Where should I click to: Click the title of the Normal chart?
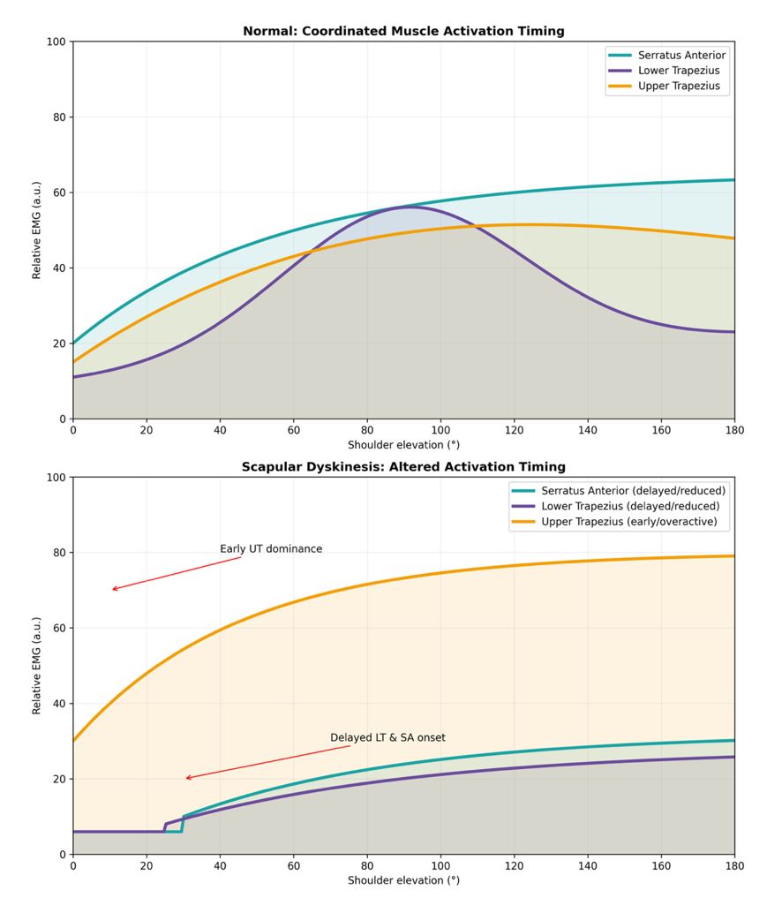403,31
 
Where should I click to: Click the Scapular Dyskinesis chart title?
403,466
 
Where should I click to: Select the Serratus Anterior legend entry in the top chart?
681,55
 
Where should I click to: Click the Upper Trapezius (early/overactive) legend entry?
628,522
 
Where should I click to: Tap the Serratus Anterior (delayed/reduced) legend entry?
633,490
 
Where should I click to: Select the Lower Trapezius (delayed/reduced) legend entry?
630,506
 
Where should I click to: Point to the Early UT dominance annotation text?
271,549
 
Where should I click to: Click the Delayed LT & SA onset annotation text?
387,737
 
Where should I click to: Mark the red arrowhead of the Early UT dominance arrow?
113,589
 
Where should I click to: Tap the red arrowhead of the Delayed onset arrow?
187,778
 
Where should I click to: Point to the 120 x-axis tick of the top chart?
514,430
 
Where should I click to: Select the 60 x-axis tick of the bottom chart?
293,866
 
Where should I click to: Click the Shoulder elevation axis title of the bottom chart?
403,880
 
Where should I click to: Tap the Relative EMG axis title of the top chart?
37,230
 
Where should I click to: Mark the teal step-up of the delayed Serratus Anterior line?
183,823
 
